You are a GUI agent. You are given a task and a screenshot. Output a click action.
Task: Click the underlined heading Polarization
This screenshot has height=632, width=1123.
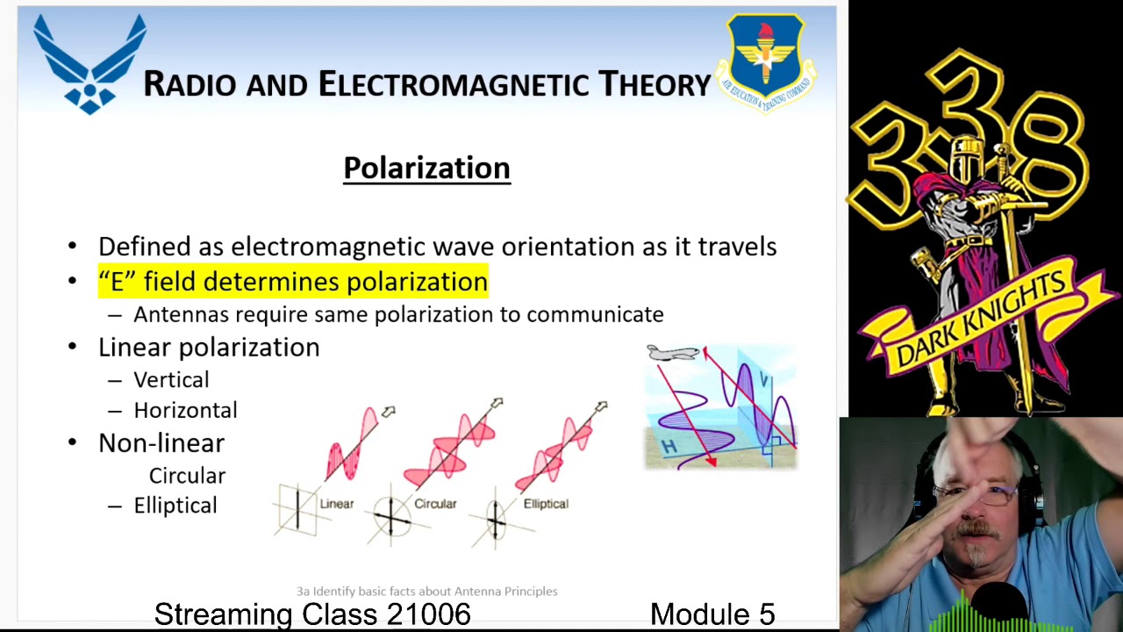[426, 168]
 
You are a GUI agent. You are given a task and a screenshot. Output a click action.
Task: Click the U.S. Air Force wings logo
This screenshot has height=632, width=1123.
[89, 64]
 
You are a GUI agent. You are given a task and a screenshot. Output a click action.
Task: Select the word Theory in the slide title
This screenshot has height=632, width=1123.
[654, 84]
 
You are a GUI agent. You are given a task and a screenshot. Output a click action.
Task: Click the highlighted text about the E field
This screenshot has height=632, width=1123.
[293, 282]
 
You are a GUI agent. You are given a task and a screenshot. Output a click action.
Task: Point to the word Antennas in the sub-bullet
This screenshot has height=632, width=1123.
[181, 314]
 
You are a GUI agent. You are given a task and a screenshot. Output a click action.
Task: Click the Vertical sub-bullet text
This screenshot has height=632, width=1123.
[171, 380]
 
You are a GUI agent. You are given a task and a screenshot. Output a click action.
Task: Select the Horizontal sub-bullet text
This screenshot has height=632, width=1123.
[185, 411]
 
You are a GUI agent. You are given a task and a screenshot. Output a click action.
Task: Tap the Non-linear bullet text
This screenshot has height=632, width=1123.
[161, 443]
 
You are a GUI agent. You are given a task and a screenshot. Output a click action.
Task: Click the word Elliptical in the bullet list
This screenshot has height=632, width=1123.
[175, 506]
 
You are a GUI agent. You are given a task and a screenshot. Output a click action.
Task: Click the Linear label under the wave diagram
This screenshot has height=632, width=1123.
[337, 504]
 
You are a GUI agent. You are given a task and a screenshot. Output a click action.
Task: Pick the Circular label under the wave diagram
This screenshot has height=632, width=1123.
[435, 504]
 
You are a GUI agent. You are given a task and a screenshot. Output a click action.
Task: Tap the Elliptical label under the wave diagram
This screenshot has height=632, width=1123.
[546, 504]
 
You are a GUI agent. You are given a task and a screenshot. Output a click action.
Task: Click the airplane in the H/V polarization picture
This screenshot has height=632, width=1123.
[673, 353]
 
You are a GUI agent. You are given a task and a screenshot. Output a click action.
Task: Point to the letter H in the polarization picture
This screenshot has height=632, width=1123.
[669, 447]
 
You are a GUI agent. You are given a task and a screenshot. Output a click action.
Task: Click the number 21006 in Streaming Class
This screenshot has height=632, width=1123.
[428, 614]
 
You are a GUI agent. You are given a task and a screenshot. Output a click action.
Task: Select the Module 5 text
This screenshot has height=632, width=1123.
[712, 614]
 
